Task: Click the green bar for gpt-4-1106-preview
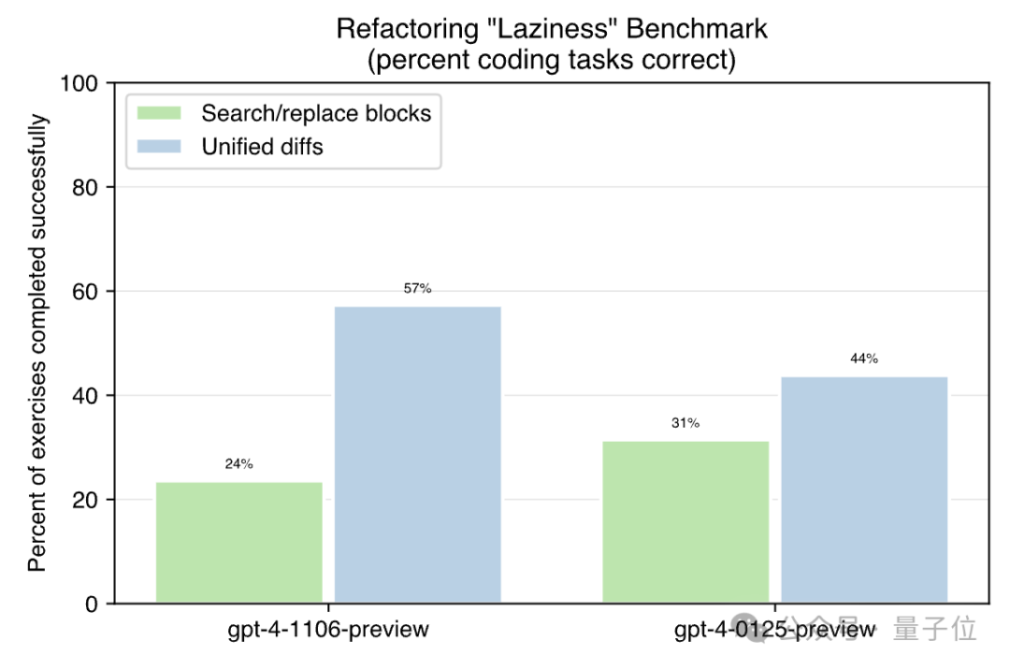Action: (239, 543)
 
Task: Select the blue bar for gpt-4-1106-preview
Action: (417, 455)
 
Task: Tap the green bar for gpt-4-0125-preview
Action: (685, 522)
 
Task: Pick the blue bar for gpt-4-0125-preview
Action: (864, 490)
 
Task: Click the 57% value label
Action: (417, 289)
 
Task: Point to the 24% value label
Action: (238, 464)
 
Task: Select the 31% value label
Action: (685, 423)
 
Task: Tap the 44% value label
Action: (864, 359)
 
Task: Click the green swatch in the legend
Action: (159, 114)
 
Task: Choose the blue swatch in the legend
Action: (159, 146)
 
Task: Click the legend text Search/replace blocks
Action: (316, 114)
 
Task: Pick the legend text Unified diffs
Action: (263, 146)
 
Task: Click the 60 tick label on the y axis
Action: (85, 292)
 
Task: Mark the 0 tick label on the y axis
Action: (91, 605)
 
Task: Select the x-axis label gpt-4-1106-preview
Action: (328, 629)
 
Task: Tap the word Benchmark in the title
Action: (697, 29)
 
